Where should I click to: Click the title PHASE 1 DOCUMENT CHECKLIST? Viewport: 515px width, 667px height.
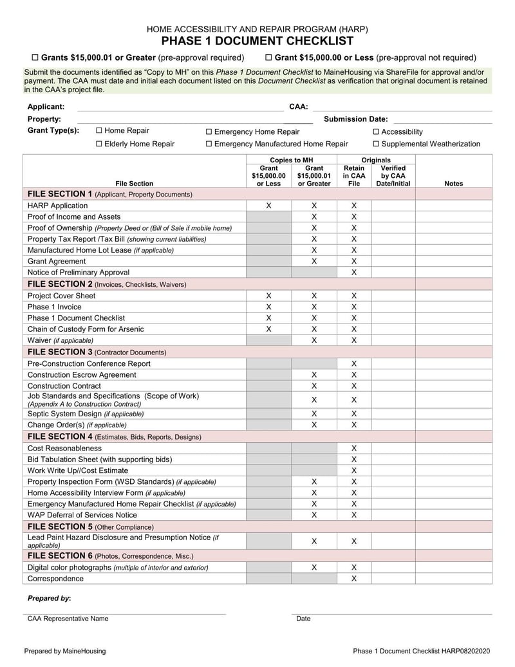point(257,41)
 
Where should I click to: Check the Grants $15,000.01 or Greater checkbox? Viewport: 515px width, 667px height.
point(35,57)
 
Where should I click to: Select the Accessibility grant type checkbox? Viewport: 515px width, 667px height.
point(376,131)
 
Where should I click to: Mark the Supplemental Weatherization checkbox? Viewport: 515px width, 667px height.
point(376,144)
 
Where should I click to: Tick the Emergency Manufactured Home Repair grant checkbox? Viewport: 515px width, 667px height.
point(209,144)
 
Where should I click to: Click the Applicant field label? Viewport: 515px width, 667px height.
point(46,106)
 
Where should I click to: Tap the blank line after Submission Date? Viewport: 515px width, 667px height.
point(442,119)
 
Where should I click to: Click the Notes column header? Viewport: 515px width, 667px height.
point(453,184)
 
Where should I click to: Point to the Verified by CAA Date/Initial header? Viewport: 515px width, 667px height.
point(393,176)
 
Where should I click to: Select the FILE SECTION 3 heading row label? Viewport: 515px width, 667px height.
point(97,352)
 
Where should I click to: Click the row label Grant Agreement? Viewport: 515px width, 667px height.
point(57,261)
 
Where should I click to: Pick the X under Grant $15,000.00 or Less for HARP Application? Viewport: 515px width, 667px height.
point(268,206)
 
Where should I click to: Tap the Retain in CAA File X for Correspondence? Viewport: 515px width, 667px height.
point(353,579)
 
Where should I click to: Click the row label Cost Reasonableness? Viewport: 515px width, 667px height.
point(64,448)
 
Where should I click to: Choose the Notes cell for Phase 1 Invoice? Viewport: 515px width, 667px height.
point(453,307)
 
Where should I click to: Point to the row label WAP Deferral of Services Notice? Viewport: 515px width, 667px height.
point(82,515)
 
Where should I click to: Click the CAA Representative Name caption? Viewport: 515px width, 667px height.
point(68,619)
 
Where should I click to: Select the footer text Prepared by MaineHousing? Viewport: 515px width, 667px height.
point(65,651)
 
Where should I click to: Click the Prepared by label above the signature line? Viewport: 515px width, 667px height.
point(49,598)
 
